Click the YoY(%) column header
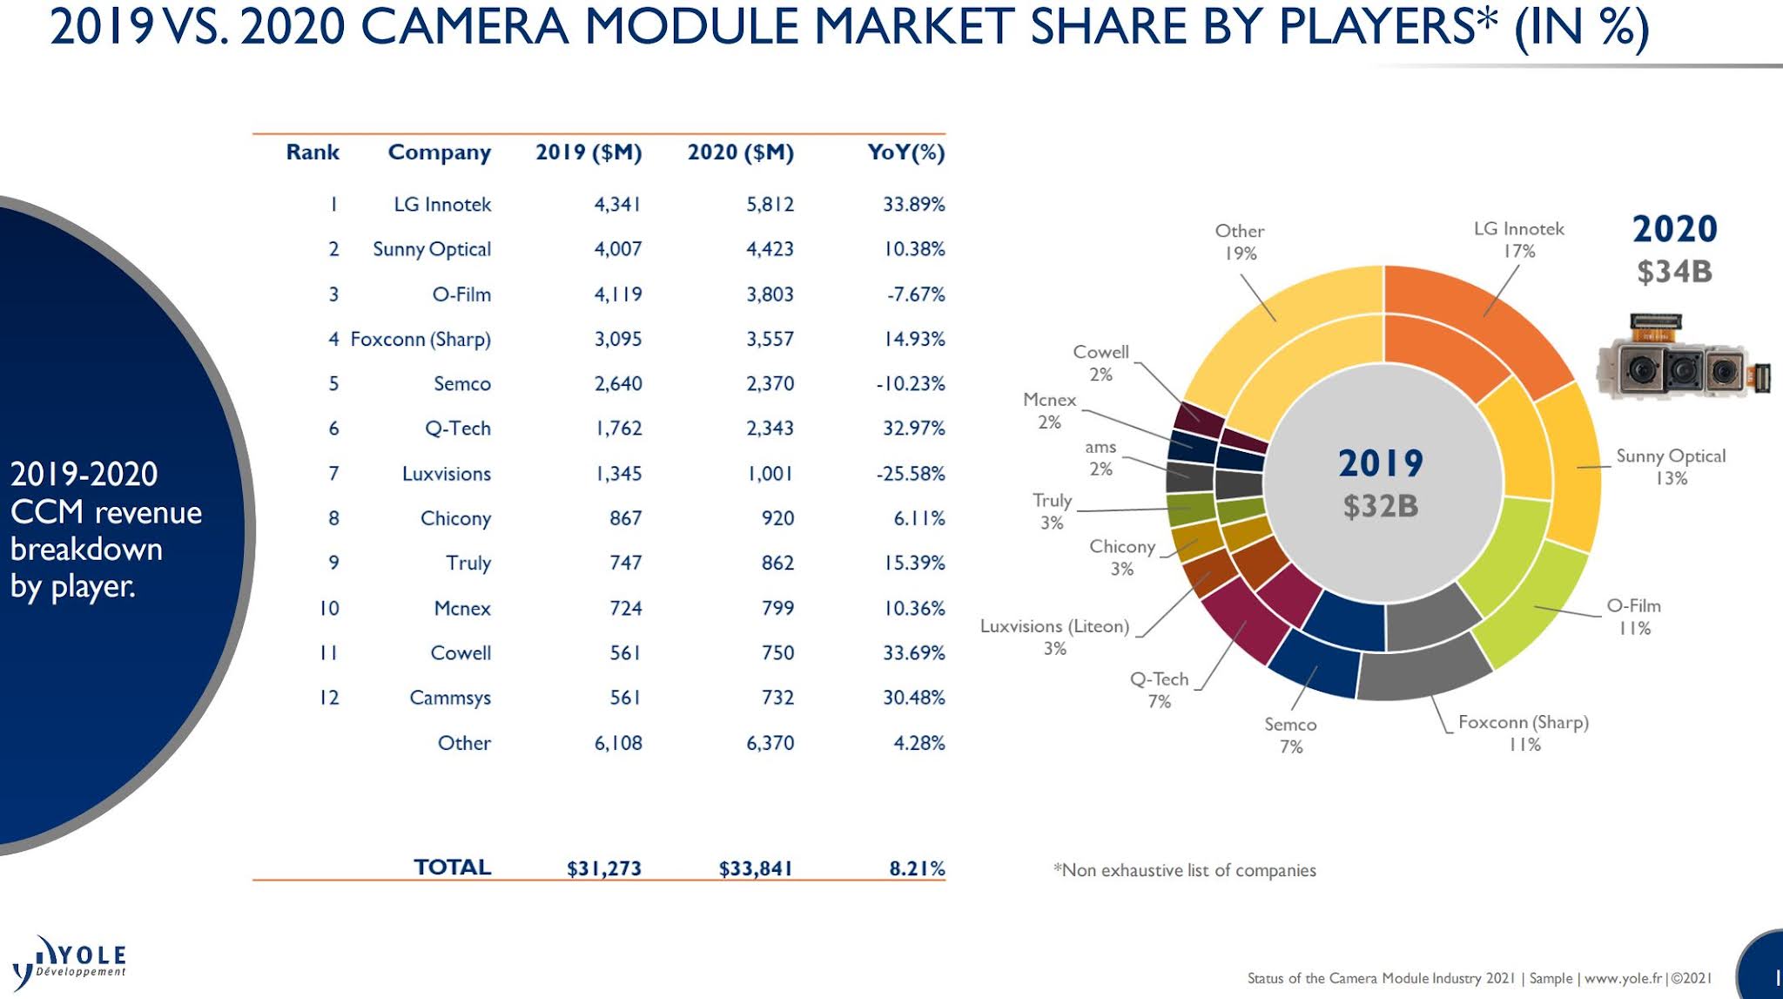click(x=905, y=152)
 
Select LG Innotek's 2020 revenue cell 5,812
click(x=770, y=205)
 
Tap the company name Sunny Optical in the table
click(x=432, y=249)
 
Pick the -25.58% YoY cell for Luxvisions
click(x=911, y=474)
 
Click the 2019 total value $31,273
click(x=603, y=868)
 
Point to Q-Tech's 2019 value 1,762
click(x=618, y=429)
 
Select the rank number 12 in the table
click(x=329, y=698)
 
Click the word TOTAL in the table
click(x=452, y=867)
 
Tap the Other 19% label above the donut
click(x=1240, y=241)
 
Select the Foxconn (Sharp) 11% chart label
click(x=1524, y=732)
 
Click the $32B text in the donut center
click(x=1381, y=506)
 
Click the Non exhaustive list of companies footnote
click(x=1185, y=870)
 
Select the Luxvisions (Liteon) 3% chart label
click(x=1054, y=637)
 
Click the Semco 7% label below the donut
click(x=1290, y=735)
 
